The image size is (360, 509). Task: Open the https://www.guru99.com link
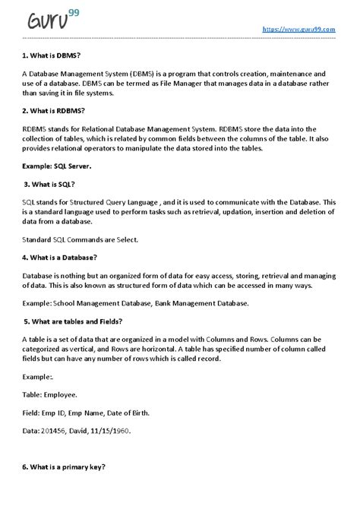[298, 29]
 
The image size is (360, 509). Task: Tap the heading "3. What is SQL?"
[50, 185]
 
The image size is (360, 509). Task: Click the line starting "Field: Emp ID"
[74, 413]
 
